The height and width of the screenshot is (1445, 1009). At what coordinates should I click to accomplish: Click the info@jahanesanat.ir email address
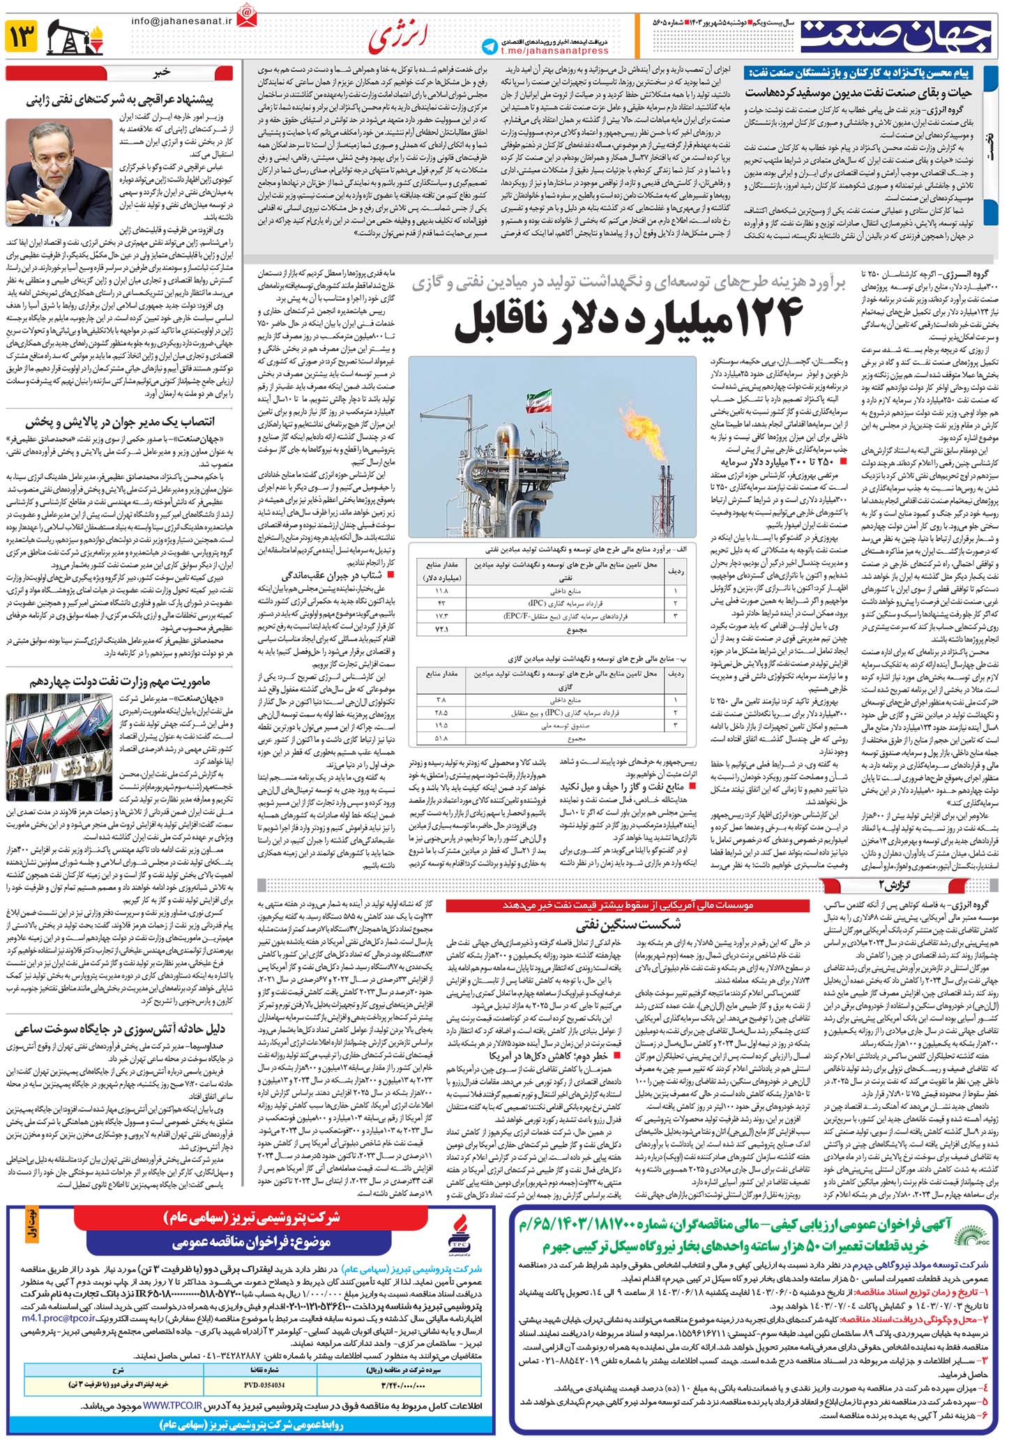coord(181,21)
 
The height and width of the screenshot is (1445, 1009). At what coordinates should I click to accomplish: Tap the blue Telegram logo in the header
coord(490,46)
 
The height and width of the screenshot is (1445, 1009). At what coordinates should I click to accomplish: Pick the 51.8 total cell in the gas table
coord(441,738)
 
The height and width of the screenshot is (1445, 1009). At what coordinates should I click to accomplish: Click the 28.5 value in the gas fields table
coord(441,713)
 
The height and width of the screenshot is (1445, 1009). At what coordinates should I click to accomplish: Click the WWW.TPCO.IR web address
coord(172,1406)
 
